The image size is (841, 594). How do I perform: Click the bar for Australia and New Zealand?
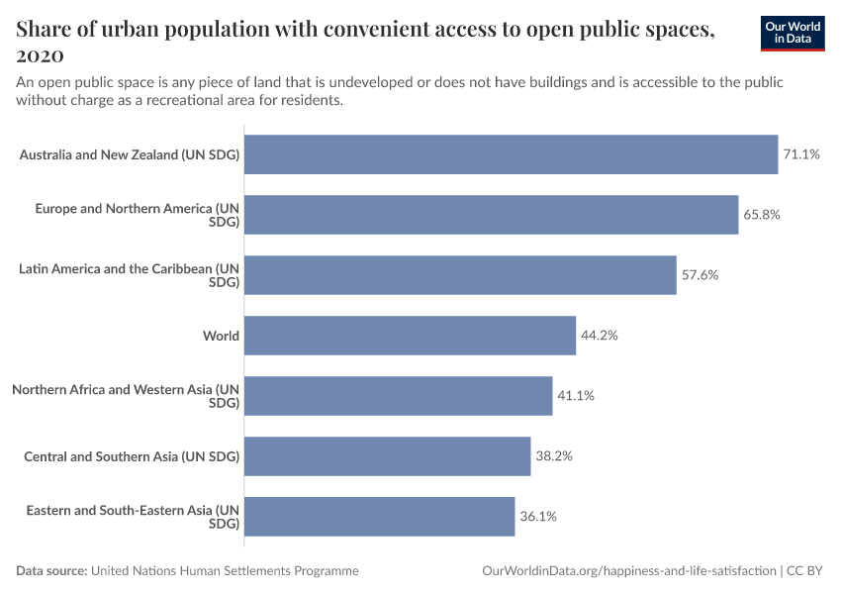point(511,154)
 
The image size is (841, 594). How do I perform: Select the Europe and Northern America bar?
point(491,215)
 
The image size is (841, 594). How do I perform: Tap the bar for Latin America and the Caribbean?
point(460,275)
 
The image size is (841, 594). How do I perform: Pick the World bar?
point(410,336)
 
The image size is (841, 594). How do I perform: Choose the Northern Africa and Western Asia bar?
point(398,396)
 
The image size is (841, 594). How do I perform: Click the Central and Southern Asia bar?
point(387,456)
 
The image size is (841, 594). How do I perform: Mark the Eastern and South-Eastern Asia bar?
point(379,517)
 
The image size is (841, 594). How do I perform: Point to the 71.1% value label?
point(801,154)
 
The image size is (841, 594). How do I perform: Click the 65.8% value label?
point(762,215)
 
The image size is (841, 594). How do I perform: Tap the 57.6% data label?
point(700,275)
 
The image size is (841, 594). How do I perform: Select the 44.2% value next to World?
point(600,336)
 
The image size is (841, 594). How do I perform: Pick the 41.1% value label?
point(576,396)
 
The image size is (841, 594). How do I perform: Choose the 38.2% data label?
point(554,456)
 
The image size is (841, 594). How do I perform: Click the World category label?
point(221,336)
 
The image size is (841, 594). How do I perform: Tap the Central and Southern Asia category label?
point(132,456)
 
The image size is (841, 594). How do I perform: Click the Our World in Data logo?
point(792,32)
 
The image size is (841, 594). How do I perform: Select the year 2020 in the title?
point(41,55)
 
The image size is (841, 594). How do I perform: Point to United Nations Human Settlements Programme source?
point(225,571)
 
